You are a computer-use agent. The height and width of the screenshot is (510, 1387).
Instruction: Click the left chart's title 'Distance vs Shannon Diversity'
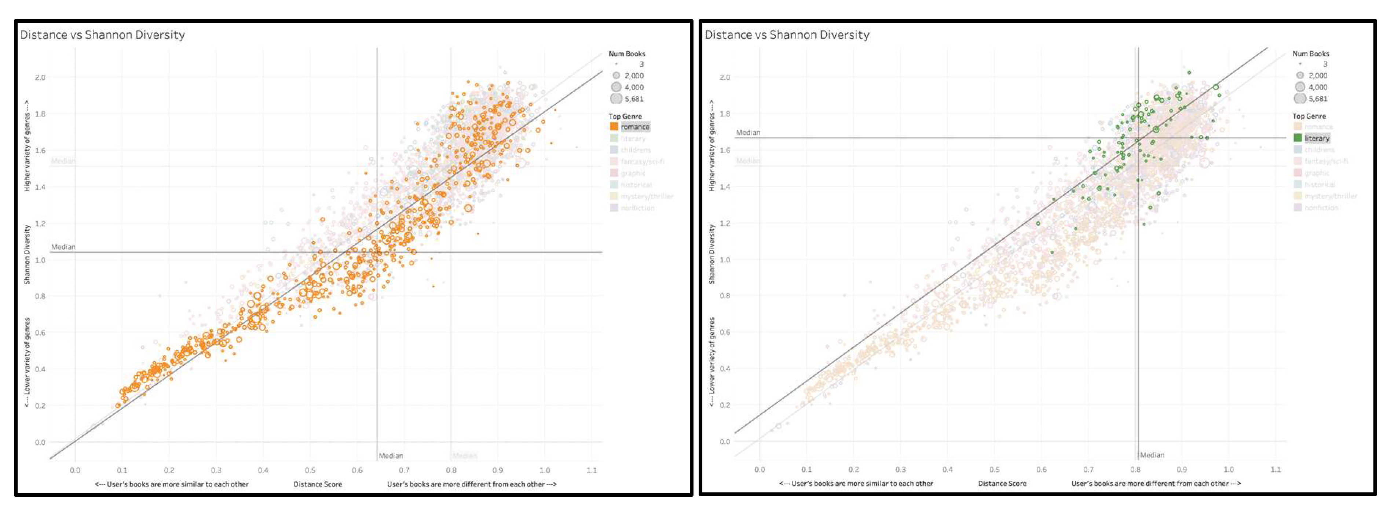coord(102,35)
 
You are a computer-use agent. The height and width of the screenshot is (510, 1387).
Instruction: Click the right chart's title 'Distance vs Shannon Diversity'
coord(787,35)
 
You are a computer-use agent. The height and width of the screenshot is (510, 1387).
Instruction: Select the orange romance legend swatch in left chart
coord(613,127)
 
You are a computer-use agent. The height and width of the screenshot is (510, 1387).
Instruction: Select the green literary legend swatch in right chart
coord(1298,138)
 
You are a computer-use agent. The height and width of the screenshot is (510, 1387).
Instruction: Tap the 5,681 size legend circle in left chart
coord(616,99)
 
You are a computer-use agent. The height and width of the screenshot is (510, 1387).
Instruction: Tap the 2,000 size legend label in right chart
coord(1318,76)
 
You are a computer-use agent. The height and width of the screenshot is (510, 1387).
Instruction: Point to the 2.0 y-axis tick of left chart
coord(40,77)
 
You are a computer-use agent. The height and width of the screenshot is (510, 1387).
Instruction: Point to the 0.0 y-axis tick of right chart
coord(725,442)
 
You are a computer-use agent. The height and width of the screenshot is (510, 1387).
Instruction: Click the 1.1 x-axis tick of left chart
coord(592,470)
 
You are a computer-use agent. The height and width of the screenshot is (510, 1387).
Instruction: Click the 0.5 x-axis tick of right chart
coord(995,470)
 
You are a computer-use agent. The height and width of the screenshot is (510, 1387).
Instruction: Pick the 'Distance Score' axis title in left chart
coord(318,484)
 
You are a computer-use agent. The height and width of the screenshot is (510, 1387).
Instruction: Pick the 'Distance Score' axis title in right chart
coord(1002,484)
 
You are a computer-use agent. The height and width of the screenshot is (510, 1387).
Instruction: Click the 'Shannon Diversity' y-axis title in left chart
coord(27,255)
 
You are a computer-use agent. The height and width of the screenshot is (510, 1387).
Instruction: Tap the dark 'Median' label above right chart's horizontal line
coord(748,132)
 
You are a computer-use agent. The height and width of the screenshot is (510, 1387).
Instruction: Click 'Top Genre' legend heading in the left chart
coord(625,116)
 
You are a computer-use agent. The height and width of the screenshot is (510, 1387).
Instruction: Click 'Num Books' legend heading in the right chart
coord(1311,54)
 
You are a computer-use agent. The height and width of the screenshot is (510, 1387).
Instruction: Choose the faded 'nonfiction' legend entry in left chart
coord(637,208)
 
